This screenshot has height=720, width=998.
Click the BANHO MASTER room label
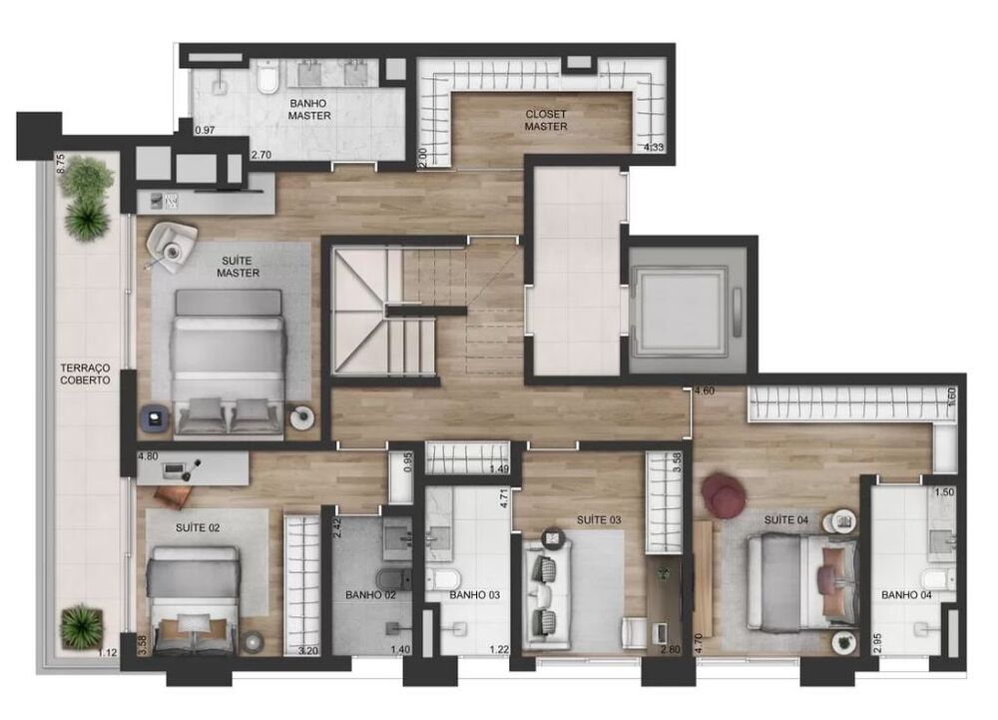(309, 109)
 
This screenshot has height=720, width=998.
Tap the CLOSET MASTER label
(546, 120)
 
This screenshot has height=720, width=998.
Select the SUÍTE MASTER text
(239, 267)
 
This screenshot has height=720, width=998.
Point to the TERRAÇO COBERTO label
(84, 374)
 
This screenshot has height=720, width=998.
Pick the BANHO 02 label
(371, 595)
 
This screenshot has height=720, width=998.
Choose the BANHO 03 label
(474, 595)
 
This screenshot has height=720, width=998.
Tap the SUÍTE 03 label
(599, 520)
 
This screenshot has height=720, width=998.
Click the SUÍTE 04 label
(786, 520)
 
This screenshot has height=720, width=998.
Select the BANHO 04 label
(905, 595)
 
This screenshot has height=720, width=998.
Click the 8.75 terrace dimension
(61, 164)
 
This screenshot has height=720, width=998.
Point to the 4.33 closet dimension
(655, 148)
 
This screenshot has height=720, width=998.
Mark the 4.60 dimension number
(705, 391)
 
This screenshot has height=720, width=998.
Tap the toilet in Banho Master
(266, 77)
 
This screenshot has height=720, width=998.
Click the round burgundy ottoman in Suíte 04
(724, 494)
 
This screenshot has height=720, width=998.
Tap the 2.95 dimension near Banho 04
(877, 641)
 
